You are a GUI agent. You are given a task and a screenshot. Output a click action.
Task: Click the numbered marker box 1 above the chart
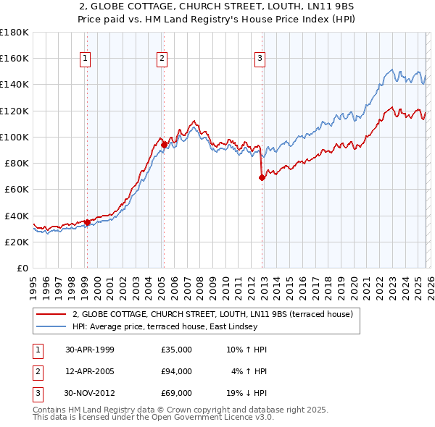[86, 59]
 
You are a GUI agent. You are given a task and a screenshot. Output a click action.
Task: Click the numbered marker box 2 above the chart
[162, 59]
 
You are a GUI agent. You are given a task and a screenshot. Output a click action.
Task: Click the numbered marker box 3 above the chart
[260, 59]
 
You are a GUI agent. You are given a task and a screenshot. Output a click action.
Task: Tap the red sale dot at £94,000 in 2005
[165, 145]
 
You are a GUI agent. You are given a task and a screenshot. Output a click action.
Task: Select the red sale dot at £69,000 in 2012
[262, 177]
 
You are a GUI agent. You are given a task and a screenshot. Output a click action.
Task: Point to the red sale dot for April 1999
[88, 222]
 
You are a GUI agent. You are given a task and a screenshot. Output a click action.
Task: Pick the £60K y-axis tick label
[17, 190]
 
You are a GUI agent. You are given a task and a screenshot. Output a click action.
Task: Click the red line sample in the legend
[51, 314]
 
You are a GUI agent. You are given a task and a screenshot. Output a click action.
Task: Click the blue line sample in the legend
[51, 326]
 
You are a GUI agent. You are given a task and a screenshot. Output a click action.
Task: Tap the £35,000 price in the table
[176, 350]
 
